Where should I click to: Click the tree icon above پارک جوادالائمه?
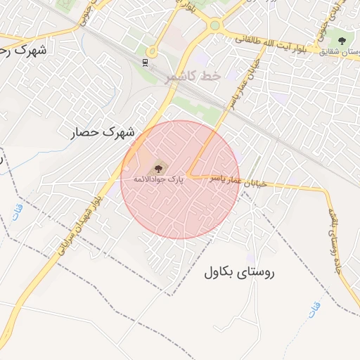pos(158,167)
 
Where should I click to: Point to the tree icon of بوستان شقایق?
pos(342,41)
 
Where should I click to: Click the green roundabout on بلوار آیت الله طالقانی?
pos(214,25)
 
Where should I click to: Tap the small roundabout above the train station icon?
pos(151,51)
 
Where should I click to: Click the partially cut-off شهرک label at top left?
pos(25,51)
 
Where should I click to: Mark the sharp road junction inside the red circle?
pos(188,174)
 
